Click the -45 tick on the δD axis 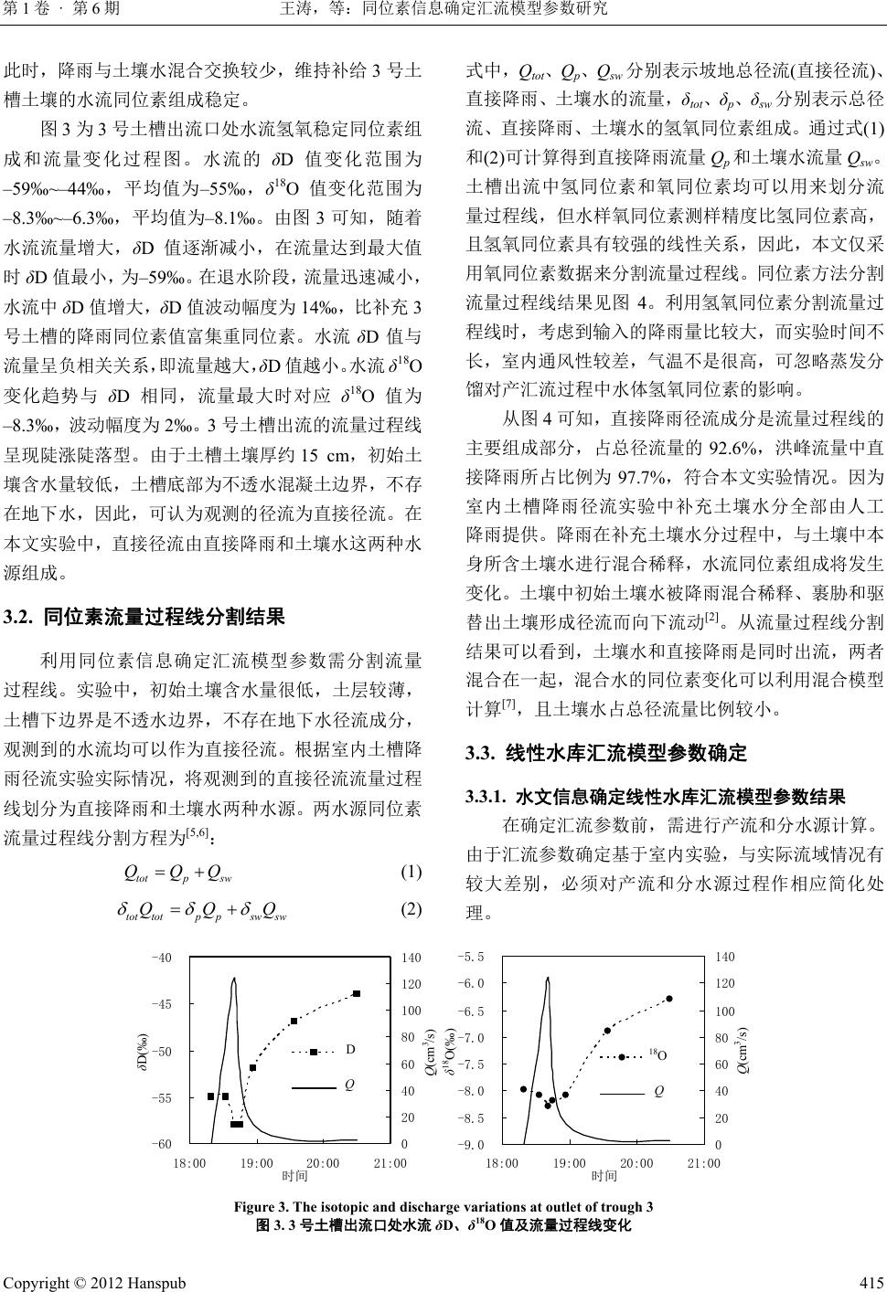tap(162, 1004)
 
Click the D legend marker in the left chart tap(314, 1053)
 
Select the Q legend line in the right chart tap(622, 1093)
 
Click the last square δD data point tap(357, 993)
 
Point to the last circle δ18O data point tap(669, 999)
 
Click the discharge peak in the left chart tap(235, 978)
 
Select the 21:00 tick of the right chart tap(703, 1163)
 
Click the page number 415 tap(871, 1282)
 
